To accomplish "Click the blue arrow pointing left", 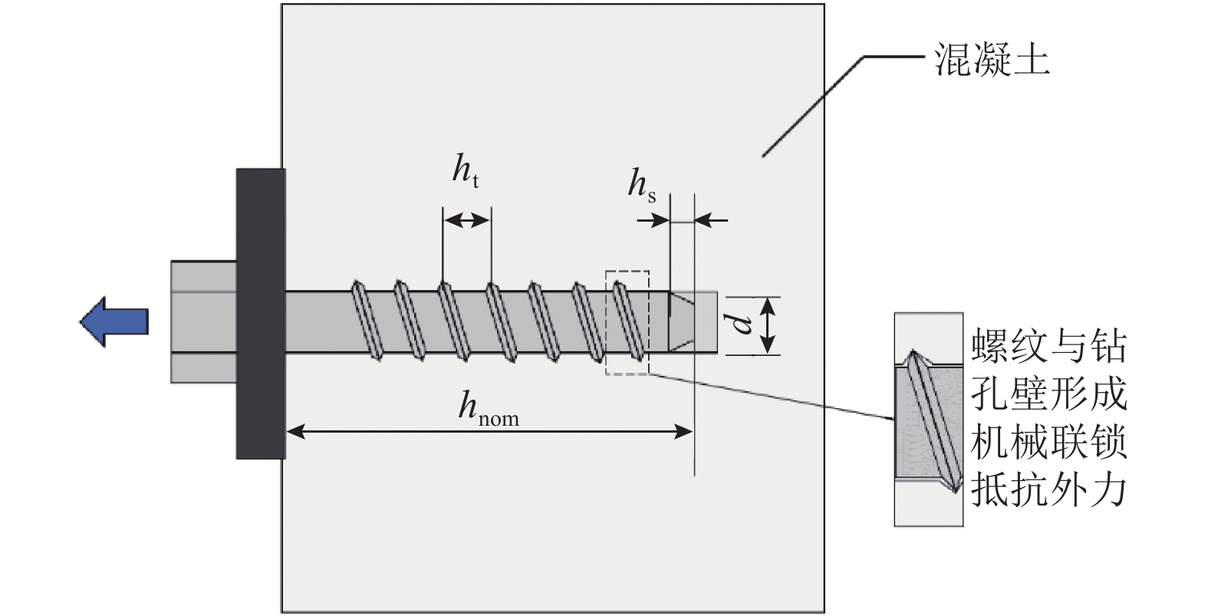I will click(114, 321).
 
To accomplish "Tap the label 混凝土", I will click(992, 59).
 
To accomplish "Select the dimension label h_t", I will click(466, 171).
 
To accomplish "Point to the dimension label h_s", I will click(641, 185).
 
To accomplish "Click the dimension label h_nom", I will click(488, 407).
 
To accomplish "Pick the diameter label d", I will click(742, 324).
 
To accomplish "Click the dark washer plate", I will click(261, 313).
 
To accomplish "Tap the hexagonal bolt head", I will click(203, 321).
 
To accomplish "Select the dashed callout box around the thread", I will click(627, 322).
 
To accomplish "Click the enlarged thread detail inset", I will click(928, 419).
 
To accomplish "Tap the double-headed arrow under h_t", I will click(466, 220).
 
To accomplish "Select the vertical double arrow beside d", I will click(769, 325).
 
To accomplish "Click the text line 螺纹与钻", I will click(1048, 347).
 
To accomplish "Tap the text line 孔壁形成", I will click(1048, 394).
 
